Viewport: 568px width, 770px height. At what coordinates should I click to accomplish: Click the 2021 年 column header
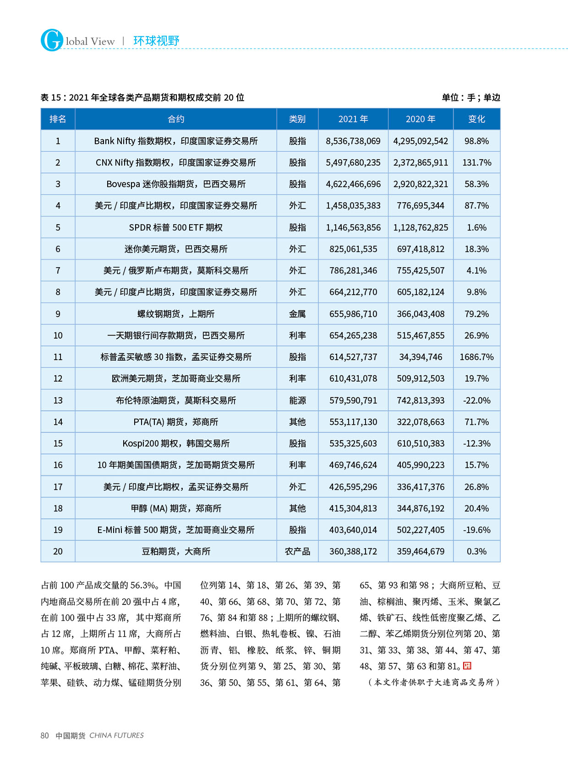point(353,119)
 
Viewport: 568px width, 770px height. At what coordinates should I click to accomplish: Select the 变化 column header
point(476,119)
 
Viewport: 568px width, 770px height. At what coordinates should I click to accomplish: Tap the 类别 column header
point(297,119)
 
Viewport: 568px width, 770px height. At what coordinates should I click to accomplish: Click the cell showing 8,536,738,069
point(353,141)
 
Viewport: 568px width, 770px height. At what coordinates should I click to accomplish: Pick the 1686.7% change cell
point(476,357)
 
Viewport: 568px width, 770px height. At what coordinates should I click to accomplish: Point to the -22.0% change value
point(476,401)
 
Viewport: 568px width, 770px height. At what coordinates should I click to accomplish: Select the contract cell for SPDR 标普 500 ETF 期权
point(176,228)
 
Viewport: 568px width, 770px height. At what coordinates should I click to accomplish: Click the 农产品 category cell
point(297,551)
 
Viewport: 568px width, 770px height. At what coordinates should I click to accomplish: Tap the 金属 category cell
point(297,314)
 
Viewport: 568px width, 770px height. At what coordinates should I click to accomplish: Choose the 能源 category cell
point(297,401)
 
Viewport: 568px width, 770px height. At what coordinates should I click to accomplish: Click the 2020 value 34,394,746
point(421,357)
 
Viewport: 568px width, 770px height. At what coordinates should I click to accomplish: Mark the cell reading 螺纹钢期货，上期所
point(176,314)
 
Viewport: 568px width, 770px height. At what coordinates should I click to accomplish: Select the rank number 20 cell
point(58,551)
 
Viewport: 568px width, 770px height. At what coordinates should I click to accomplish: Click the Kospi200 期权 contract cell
point(176,444)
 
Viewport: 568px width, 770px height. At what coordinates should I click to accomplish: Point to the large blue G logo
point(52,40)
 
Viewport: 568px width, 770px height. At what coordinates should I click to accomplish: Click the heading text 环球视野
point(156,41)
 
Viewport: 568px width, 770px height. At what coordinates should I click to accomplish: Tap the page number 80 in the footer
point(44,736)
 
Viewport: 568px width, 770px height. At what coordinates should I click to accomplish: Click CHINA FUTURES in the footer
point(116,736)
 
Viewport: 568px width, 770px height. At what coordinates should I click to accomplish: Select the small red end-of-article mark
point(467,665)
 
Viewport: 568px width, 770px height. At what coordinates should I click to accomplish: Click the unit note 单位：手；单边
point(471,98)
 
